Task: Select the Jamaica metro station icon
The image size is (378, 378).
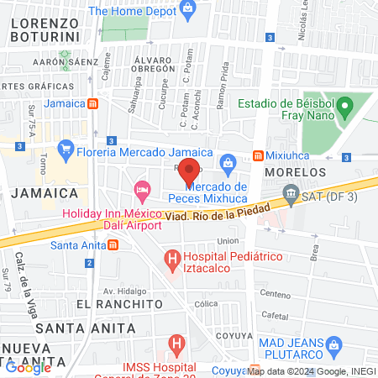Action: click(94, 104)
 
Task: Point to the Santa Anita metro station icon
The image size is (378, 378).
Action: click(113, 245)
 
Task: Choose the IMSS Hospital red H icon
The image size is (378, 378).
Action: click(176, 344)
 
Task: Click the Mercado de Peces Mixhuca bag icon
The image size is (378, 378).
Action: click(227, 162)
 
